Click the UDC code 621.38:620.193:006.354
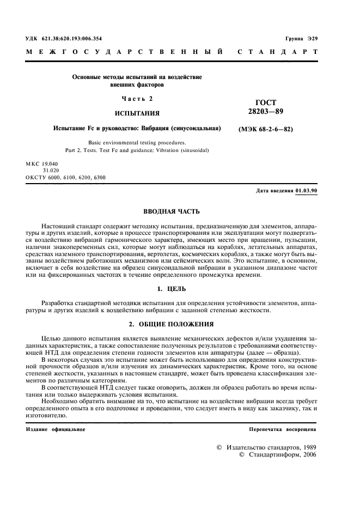[71, 38]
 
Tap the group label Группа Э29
[301, 38]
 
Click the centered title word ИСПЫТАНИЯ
[137, 114]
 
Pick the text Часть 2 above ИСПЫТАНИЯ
[137, 99]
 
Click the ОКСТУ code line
[65, 178]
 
